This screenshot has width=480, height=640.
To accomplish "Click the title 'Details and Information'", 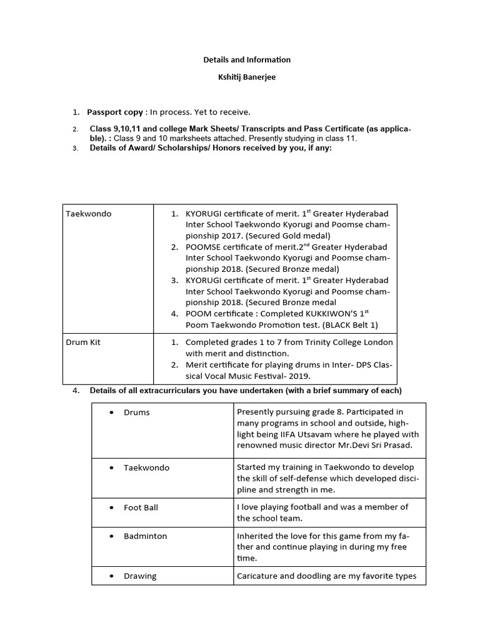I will (247, 60).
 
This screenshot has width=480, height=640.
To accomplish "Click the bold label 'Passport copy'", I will (115, 112).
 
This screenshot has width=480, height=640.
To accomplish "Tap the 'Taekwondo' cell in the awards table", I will (89, 214).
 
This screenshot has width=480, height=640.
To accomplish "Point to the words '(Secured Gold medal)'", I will (292, 236).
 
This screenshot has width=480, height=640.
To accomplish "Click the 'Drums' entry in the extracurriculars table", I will (137, 412).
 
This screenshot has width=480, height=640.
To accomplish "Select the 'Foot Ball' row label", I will (141, 507).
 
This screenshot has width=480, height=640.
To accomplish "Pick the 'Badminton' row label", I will (145, 536).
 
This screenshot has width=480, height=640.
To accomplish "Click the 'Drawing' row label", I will (140, 576).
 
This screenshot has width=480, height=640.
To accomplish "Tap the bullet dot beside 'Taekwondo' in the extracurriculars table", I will (111, 467).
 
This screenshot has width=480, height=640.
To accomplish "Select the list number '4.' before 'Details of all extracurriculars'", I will (76, 391).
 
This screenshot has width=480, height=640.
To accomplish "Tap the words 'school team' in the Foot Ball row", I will (276, 518).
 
